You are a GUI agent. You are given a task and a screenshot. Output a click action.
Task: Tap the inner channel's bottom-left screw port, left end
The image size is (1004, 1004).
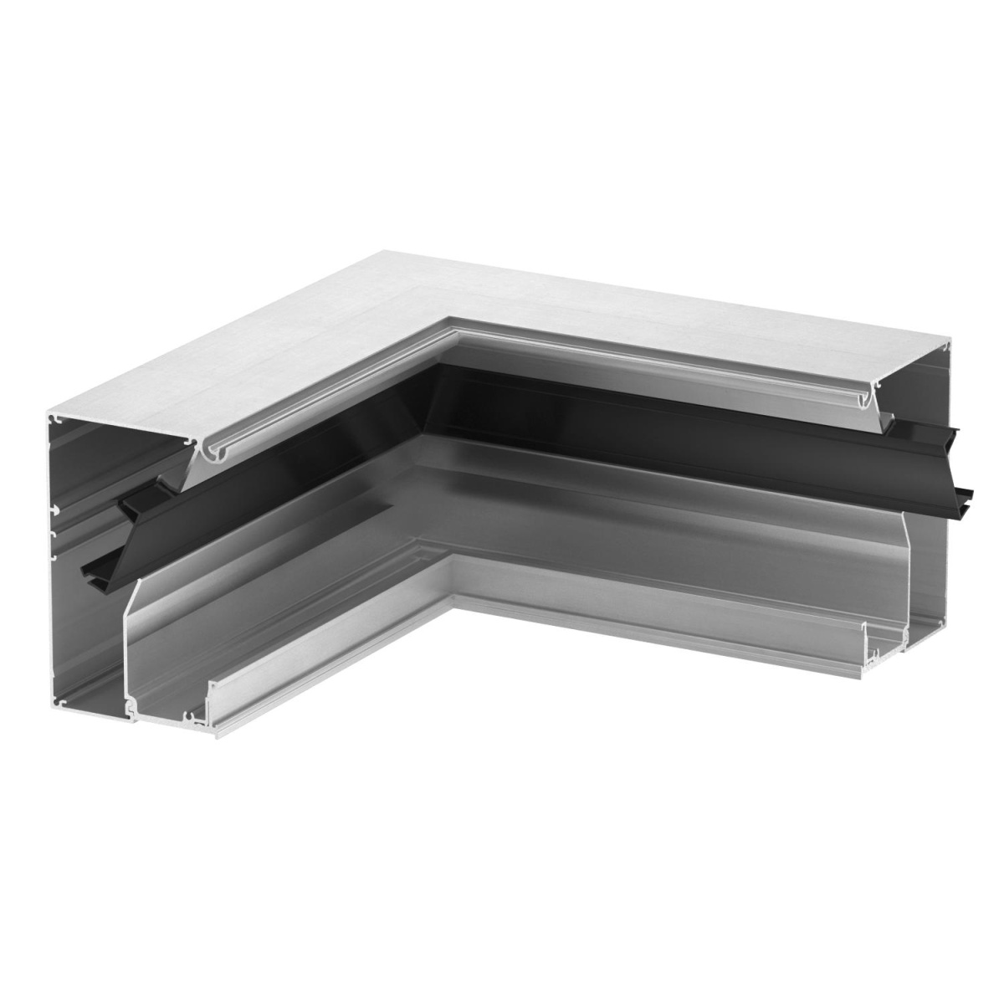tap(132, 711)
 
